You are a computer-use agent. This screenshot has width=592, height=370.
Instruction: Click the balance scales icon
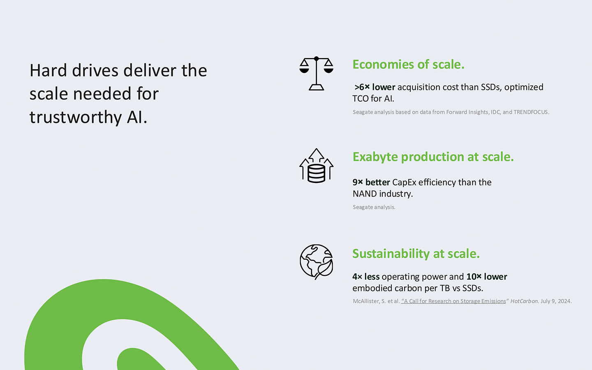(317, 74)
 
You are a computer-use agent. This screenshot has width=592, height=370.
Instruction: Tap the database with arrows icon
(317, 165)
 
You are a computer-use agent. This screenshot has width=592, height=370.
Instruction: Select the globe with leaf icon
(317, 261)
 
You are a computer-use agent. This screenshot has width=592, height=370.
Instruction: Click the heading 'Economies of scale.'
(408, 64)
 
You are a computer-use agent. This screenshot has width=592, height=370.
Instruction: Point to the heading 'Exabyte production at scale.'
(433, 157)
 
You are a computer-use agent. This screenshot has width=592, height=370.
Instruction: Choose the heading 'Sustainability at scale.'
(416, 254)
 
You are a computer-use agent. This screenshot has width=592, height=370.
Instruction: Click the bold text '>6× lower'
(375, 87)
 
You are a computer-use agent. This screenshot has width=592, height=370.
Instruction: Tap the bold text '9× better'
(371, 182)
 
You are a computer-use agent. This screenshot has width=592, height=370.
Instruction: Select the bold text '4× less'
(366, 276)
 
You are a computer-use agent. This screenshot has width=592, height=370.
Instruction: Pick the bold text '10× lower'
(487, 276)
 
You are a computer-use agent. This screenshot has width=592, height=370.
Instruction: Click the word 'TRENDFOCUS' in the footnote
(531, 112)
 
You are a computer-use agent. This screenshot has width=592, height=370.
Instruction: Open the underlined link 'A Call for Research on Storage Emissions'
(453, 301)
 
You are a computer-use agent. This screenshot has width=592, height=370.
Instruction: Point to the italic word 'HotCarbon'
(524, 301)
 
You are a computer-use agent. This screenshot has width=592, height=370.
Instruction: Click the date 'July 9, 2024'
(556, 301)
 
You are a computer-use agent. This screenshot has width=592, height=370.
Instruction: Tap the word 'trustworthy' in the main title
(76, 117)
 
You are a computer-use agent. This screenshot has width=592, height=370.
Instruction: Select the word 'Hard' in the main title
(48, 71)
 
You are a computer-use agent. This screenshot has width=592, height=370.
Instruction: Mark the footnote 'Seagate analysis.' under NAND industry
(374, 207)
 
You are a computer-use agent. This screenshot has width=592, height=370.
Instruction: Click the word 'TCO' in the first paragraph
(361, 99)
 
